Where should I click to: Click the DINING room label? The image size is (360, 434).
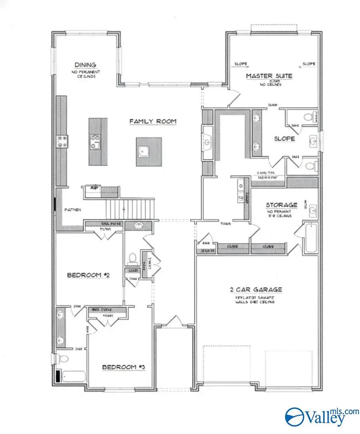85,65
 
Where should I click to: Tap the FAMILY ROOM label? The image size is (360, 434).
152,121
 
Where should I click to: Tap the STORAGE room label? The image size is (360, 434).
282,205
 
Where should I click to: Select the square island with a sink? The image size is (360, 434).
148,151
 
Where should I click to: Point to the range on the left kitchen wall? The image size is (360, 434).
63,142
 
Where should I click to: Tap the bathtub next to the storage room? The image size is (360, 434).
311,238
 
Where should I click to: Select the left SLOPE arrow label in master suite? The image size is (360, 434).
240,64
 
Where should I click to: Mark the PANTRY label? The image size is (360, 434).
73,209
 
